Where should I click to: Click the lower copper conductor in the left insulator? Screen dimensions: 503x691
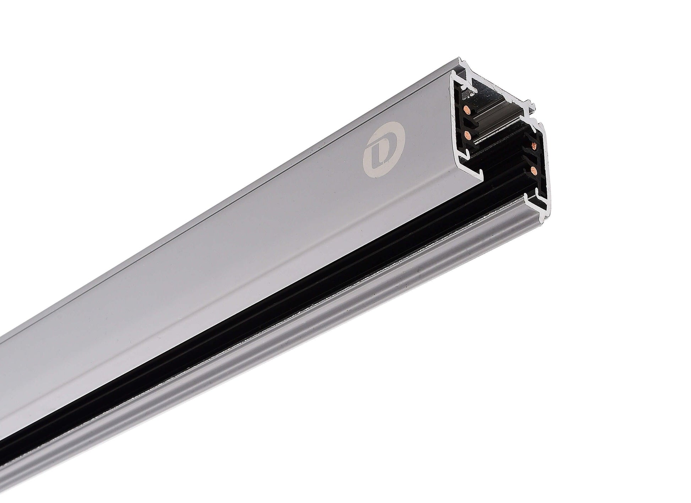pos(466,134)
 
